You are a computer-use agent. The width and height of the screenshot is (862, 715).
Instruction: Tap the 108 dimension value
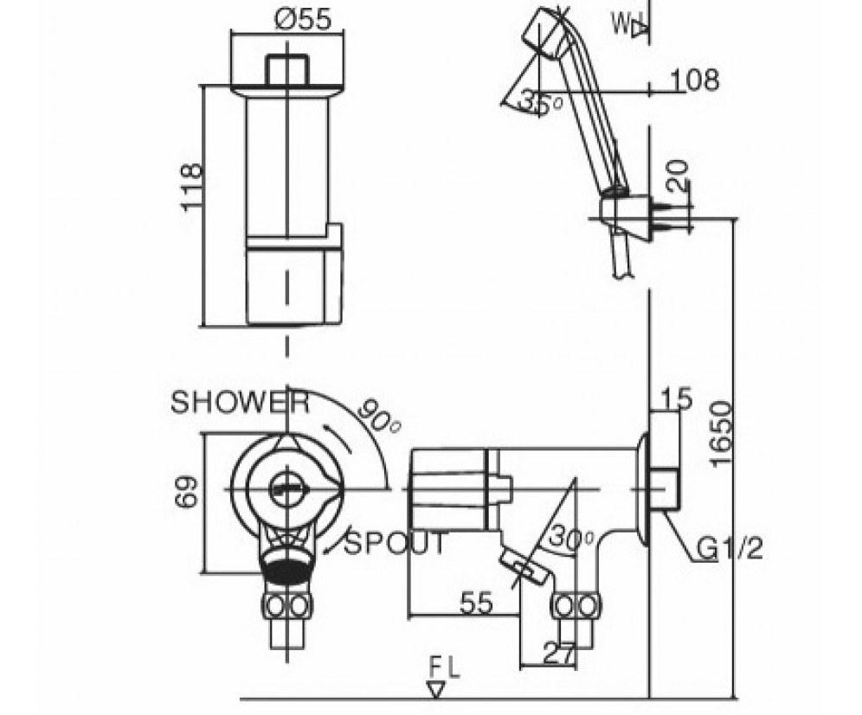point(695,81)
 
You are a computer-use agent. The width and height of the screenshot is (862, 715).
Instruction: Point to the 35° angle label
point(540,102)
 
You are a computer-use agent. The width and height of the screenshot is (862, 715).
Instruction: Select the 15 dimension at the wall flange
point(678,399)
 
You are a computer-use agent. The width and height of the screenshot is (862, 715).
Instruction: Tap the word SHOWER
point(239,402)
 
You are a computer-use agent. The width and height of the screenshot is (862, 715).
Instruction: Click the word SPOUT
point(397,544)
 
